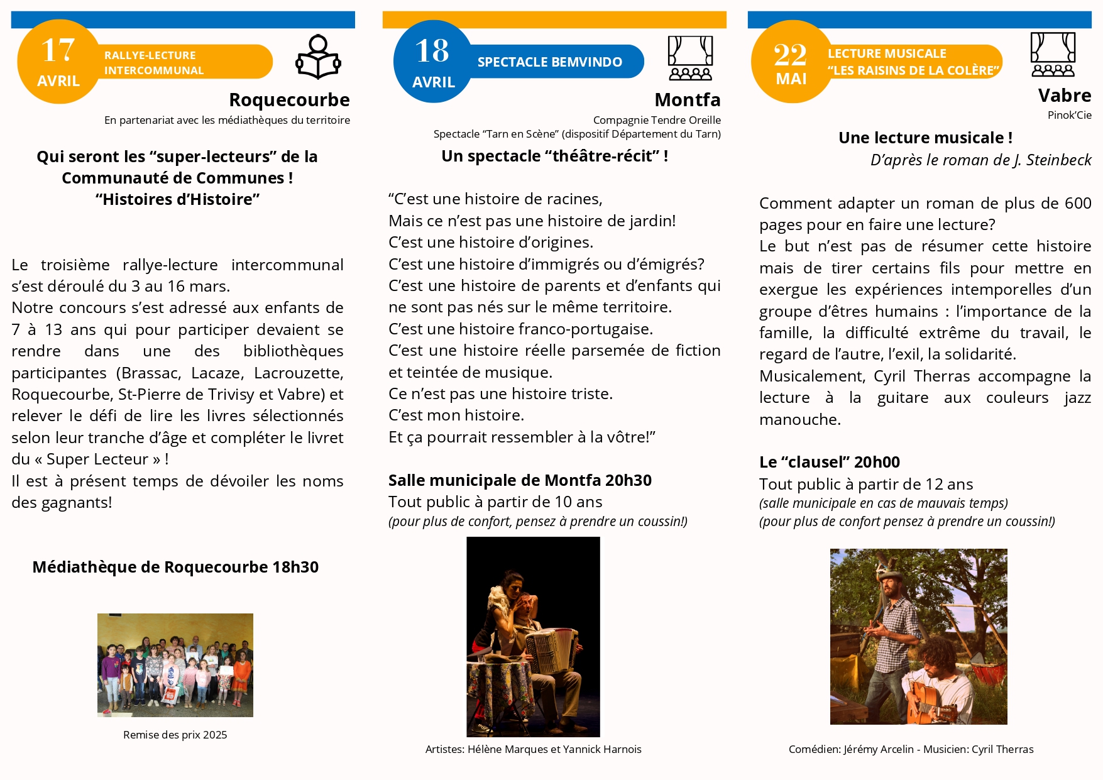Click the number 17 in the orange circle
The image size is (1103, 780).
[x=58, y=50]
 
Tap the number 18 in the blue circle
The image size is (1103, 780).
[x=432, y=51]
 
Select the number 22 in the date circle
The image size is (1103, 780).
[x=790, y=55]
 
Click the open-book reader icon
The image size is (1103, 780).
[x=318, y=57]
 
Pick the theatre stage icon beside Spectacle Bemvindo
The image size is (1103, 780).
[x=690, y=58]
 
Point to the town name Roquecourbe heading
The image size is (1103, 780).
[x=289, y=100]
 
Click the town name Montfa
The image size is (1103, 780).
[x=687, y=100]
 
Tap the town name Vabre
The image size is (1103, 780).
[x=1064, y=96]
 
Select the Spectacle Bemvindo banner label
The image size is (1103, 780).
[x=549, y=62]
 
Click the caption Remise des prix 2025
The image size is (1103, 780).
[x=175, y=735]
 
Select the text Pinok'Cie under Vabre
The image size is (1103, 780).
[x=1069, y=115]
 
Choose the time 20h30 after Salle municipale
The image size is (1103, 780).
[x=628, y=480]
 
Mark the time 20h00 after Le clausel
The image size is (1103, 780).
[x=877, y=462]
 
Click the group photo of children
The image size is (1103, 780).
[x=175, y=665]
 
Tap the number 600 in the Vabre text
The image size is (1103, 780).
[x=1077, y=203]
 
